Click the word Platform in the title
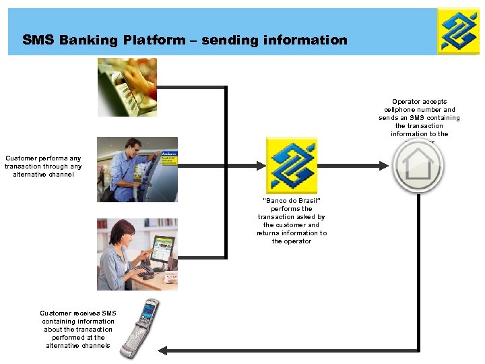point(153,40)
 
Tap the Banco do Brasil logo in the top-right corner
point(458,31)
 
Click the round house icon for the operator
point(418,166)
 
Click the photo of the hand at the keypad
point(127,86)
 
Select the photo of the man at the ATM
point(137,169)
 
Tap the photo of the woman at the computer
point(137,254)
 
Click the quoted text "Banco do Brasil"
point(291,201)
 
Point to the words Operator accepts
point(419,102)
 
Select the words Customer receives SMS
point(78,313)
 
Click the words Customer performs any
point(43,159)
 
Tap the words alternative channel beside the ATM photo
point(43,175)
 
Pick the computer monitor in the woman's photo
point(161,249)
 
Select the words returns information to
point(292,233)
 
